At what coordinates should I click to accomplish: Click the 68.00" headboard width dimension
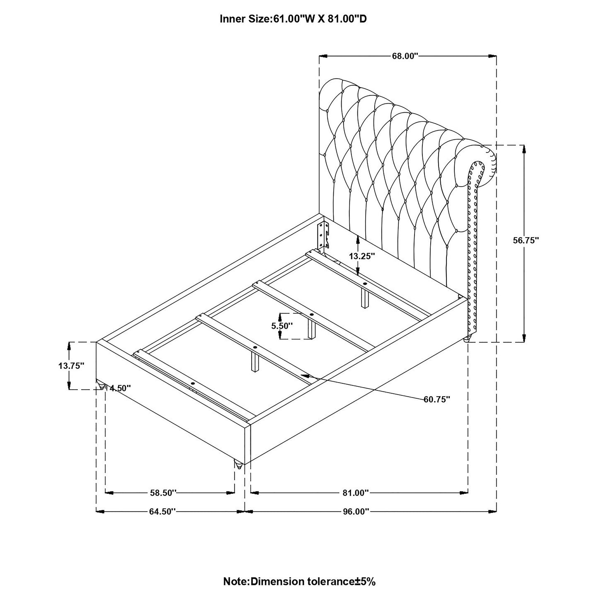pos(405,56)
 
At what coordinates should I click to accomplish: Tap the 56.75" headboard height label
pos(525,240)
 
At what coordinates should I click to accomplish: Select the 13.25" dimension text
pos(361,256)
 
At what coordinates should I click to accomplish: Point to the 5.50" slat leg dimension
pos(282,326)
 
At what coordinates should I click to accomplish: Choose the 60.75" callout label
pos(437,399)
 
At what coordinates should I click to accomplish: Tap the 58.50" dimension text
pos(163,493)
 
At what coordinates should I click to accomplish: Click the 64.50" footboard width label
pos(162,512)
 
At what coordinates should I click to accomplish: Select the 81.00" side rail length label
pos(355,493)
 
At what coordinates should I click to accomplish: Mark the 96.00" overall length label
pos(355,512)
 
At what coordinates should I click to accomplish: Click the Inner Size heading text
pos(293,19)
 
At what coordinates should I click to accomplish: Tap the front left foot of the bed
pos(100,385)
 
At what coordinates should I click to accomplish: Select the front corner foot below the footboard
pos(238,464)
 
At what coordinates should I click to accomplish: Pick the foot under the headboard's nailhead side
pos(468,339)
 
